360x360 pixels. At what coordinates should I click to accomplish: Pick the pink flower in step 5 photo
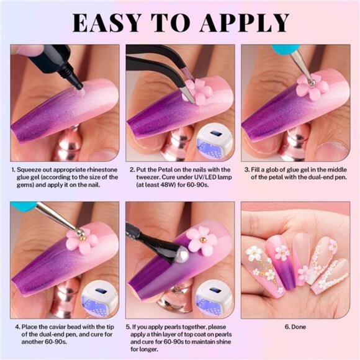(x=200, y=239)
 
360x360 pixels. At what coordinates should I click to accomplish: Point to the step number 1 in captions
(x=13, y=168)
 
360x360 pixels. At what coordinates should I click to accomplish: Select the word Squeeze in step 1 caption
(x=32, y=168)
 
